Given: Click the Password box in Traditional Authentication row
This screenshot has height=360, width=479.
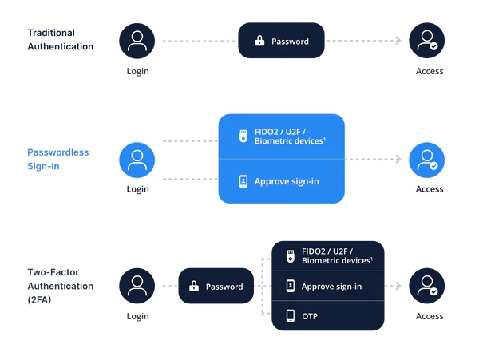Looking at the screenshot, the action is [281, 41].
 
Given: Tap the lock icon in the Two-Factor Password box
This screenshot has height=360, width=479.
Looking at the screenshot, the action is [194, 286].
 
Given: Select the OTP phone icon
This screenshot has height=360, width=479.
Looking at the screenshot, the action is [291, 316].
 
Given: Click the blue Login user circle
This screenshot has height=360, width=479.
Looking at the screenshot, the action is [137, 160].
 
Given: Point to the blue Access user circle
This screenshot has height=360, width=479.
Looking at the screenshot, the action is [427, 160].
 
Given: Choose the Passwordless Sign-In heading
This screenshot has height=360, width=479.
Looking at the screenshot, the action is [58, 159].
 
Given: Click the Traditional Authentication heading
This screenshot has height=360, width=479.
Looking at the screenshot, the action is [61, 40].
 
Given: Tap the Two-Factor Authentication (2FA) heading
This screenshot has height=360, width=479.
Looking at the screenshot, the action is [61, 286].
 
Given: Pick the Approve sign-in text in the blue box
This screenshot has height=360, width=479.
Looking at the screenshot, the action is [287, 181].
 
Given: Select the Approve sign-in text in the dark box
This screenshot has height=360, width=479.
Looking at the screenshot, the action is [331, 287].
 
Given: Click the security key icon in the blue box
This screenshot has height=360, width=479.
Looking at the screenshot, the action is [243, 136].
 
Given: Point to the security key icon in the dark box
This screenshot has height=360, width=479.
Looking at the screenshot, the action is [291, 256].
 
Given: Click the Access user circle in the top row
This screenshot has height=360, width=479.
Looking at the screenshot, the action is [427, 41].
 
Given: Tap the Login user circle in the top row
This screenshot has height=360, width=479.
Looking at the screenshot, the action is [137, 41].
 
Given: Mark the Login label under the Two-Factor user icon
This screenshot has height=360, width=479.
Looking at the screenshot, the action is [138, 316].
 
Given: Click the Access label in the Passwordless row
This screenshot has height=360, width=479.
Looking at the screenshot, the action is [430, 189].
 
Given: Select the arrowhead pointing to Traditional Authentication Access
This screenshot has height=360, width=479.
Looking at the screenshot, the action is [398, 40].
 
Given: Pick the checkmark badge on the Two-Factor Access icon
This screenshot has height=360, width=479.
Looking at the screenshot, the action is [433, 291].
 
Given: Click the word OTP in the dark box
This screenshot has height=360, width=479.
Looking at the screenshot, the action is [310, 316].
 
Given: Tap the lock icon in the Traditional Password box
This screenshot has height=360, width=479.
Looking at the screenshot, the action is [259, 41].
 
